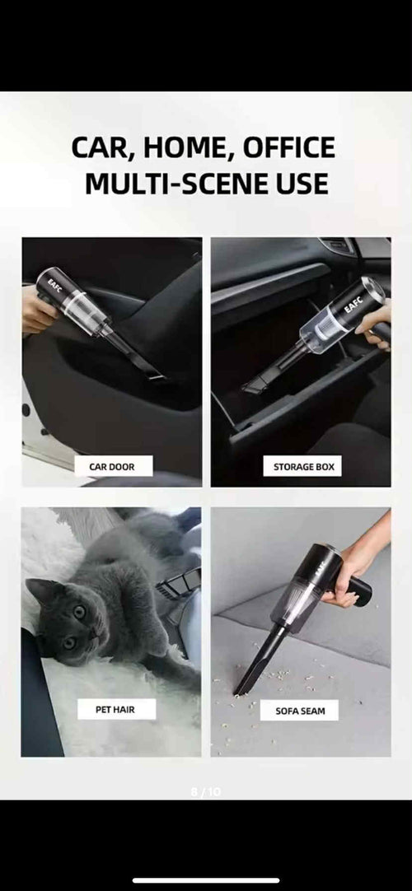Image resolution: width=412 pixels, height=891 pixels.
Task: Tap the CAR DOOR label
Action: coord(111,467)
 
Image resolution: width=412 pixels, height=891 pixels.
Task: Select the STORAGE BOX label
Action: coord(304,467)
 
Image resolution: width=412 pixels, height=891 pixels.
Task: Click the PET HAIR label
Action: coord(115,709)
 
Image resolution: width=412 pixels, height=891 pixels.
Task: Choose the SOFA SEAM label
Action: coord(299,710)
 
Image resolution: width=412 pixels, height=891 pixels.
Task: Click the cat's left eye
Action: coord(81,612)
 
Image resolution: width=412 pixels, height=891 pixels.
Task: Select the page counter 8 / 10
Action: coord(205,792)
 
